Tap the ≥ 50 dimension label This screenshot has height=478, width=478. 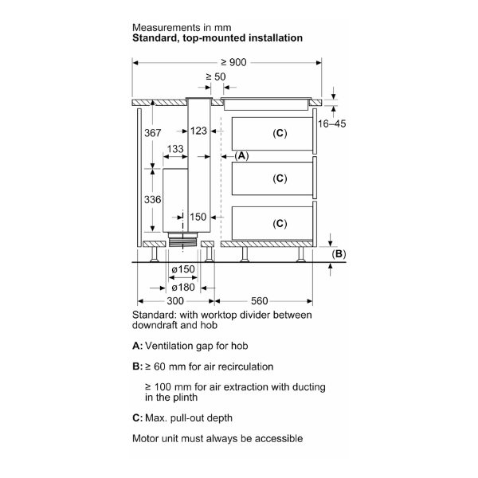pos(216,77)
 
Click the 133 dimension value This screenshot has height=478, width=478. pos(175,150)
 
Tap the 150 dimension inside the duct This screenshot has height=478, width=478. pos(198,217)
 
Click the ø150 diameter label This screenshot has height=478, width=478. pos(183,268)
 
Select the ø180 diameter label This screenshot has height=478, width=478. pos(183,286)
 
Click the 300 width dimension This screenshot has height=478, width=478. pos(175,301)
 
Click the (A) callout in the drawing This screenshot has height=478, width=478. pos(241,156)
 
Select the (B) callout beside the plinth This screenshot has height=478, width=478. pos(339,254)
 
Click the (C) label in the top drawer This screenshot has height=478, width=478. pos(279,132)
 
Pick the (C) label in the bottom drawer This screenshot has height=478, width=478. pos(279,223)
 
